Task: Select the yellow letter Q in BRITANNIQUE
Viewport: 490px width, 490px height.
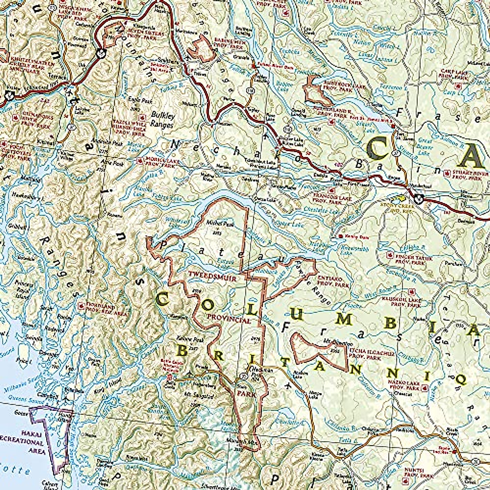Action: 460,379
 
